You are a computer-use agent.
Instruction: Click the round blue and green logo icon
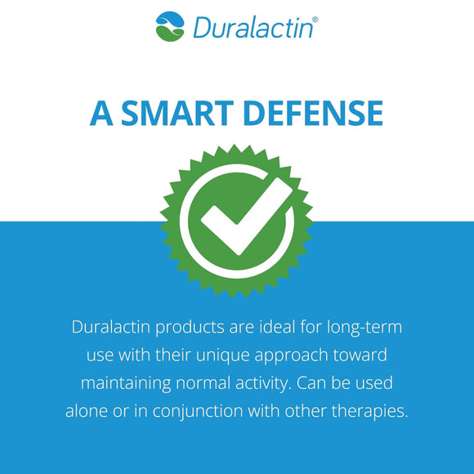click(170, 25)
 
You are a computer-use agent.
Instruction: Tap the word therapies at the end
click(367, 410)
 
